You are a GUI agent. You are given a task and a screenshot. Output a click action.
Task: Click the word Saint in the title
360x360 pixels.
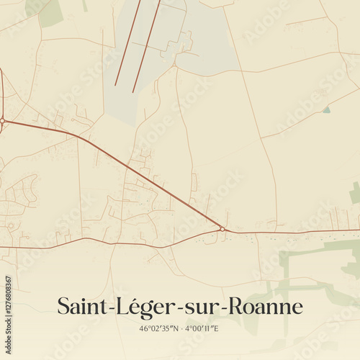tap(80, 307)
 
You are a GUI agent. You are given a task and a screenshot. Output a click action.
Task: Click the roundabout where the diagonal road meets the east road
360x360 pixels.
tap(222, 230)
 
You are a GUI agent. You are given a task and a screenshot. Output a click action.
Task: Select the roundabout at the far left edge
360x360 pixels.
tap(2, 120)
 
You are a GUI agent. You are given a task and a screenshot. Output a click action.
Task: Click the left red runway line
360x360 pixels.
tap(127, 43)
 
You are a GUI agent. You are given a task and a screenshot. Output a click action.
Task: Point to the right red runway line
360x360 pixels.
tap(146, 46)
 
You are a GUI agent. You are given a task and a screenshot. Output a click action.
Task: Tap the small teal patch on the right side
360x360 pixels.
tap(327, 109)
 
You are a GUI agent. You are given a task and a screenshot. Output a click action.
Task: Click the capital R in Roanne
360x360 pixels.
tap(238, 307)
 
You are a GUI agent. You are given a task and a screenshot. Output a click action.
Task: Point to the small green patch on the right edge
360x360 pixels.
tap(354, 193)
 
